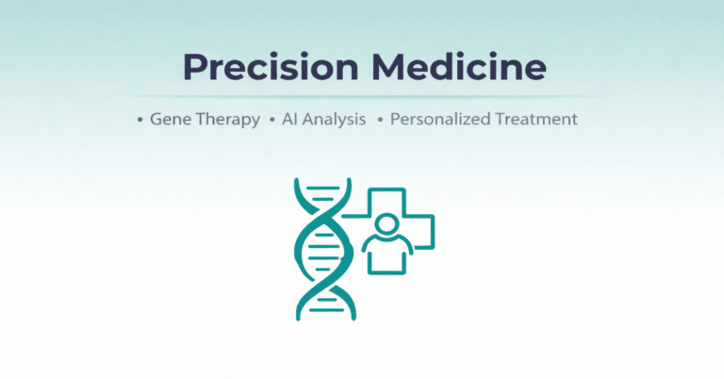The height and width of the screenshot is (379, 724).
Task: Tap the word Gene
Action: click(170, 121)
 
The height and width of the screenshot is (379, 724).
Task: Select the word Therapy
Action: click(226, 121)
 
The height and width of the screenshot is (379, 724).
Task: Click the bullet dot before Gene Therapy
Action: click(140, 121)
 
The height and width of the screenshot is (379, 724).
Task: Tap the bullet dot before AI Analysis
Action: click(271, 121)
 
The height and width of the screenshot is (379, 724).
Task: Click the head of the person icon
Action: click(386, 225)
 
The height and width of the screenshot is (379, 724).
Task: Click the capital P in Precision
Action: click(194, 68)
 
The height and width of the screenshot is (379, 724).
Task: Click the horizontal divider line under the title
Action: click(362, 96)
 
